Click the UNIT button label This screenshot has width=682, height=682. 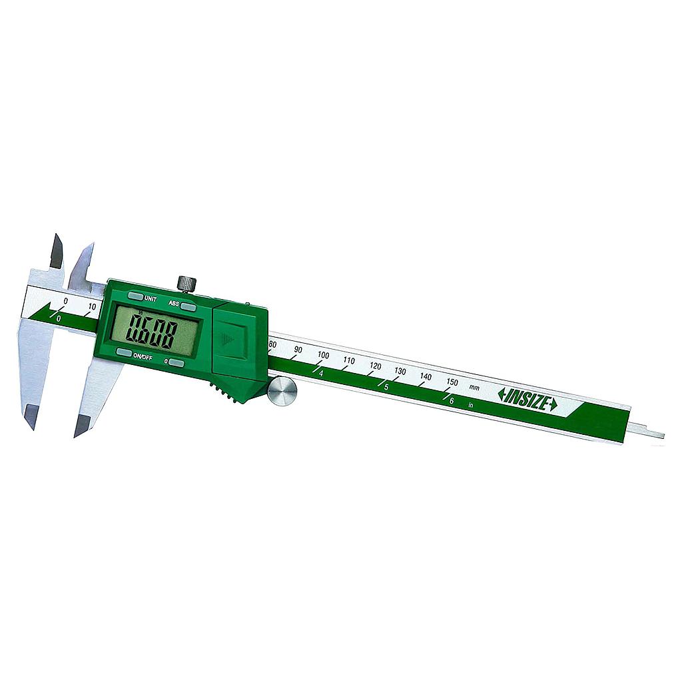[150, 298]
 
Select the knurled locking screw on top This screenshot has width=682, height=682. [187, 284]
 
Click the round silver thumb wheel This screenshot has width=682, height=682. [282, 391]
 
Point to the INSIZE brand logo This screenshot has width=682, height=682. [527, 399]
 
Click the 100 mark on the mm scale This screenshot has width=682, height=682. [324, 355]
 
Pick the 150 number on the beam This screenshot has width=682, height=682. [452, 382]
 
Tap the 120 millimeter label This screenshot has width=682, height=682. [376, 366]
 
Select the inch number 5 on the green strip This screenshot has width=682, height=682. [386, 386]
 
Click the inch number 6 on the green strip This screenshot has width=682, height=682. [452, 400]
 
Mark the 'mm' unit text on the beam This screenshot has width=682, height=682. [474, 387]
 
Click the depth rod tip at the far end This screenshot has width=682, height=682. [656, 435]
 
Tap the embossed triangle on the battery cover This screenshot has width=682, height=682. [229, 340]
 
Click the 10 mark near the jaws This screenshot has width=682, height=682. [92, 306]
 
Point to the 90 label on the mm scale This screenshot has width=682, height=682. [298, 350]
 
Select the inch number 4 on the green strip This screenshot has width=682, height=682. [321, 373]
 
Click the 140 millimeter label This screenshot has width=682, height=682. [426, 376]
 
